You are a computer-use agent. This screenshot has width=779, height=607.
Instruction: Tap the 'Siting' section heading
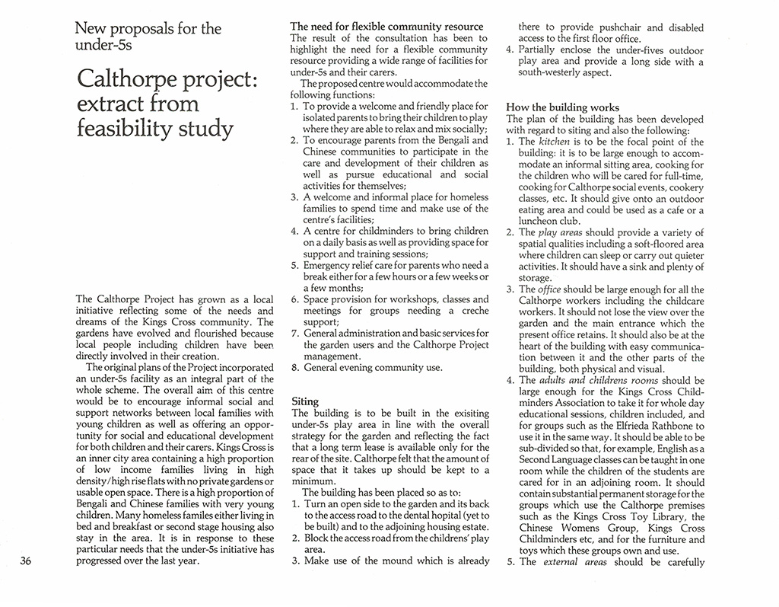(305, 401)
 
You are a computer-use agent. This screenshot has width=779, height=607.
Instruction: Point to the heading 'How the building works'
(562, 107)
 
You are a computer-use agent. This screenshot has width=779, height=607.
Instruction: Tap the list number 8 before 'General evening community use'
(294, 367)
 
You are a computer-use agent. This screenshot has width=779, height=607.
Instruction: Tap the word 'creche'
(473, 311)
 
